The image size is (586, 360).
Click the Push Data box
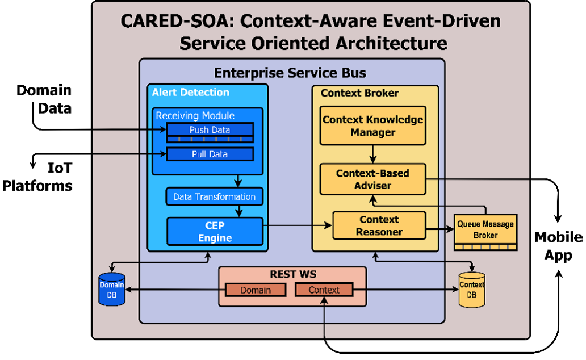[x=210, y=132]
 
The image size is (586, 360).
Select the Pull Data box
[x=210, y=154]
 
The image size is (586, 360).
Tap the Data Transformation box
[x=215, y=196]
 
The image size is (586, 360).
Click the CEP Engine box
[x=215, y=232]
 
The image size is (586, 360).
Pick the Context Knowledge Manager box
[x=372, y=125]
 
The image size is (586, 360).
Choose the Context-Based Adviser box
[x=372, y=179]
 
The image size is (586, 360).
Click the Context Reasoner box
[x=379, y=225]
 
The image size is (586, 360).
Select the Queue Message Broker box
[x=485, y=232]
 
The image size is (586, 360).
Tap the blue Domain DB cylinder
[x=111, y=290]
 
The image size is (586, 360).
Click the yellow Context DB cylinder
[x=472, y=290]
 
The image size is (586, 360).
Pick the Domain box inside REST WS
[x=256, y=290]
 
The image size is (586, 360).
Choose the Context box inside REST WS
[x=324, y=290]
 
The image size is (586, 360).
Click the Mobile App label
[x=558, y=246]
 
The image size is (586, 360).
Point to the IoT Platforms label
[x=37, y=177]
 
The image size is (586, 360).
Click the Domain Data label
[x=44, y=99]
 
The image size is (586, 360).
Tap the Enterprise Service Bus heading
[x=290, y=73]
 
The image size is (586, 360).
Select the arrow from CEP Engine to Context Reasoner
[x=298, y=225]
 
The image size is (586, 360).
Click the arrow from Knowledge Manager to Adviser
[x=372, y=154]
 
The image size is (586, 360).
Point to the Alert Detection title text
[x=190, y=93]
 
